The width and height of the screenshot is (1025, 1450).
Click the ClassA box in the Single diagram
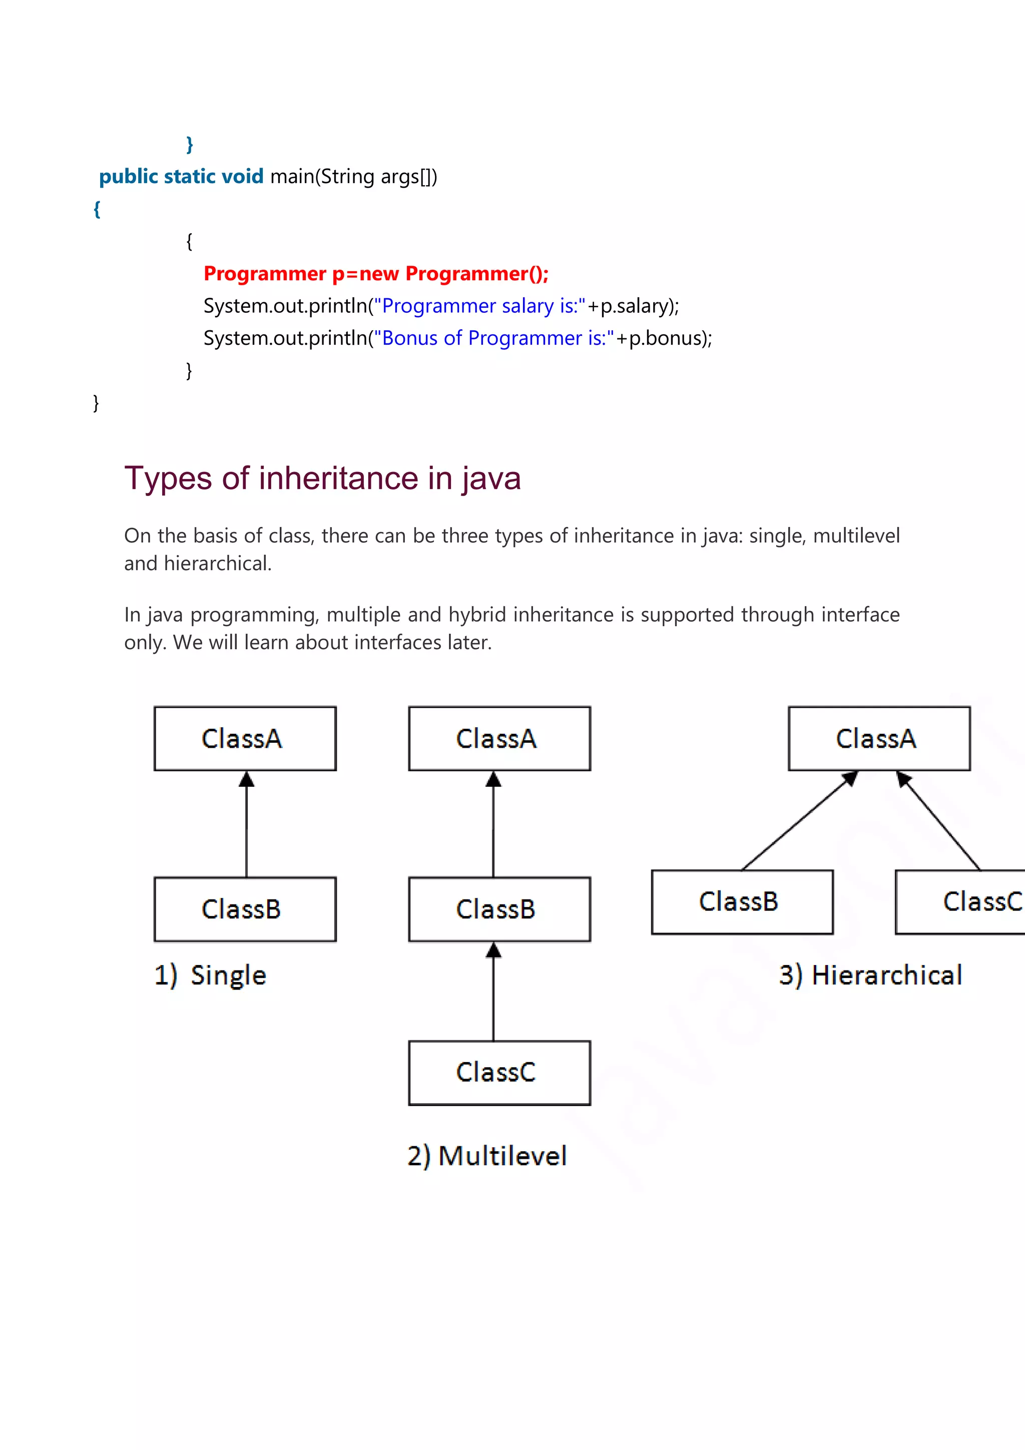click(x=245, y=738)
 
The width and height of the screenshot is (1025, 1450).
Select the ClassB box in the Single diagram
click(x=245, y=909)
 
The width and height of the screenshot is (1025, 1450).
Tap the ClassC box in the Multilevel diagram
click(x=499, y=1072)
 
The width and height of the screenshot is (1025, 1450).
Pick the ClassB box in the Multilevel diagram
click(x=499, y=909)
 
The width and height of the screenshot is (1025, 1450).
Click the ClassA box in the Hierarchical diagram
click(x=878, y=738)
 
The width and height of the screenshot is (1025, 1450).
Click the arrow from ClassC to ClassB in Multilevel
click(x=493, y=992)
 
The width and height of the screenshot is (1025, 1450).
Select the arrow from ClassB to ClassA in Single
click(x=246, y=824)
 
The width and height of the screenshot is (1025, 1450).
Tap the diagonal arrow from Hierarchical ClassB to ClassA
click(x=799, y=821)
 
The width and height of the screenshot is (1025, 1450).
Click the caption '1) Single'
click(x=210, y=975)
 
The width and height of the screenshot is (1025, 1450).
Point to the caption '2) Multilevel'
click(x=487, y=1156)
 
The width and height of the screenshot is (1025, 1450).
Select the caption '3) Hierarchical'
click(x=870, y=975)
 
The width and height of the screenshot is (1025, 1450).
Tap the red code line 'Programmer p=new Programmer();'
click(x=376, y=273)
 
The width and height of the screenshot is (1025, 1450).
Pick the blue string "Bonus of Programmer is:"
click(x=494, y=338)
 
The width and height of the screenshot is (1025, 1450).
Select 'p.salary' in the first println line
click(x=635, y=306)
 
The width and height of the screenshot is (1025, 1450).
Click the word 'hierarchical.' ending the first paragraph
click(x=218, y=563)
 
